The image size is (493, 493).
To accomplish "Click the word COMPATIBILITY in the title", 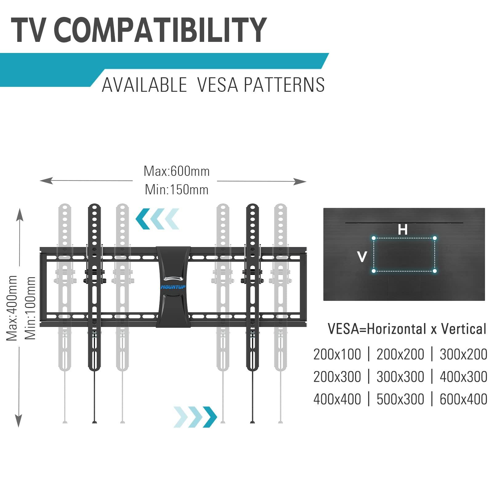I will pyautogui.click(x=160, y=30).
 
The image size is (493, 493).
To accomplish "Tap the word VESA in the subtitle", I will pyautogui.click(x=217, y=85).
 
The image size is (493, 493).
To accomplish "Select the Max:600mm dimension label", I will pyautogui.click(x=176, y=171).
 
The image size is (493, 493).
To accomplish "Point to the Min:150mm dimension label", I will pyautogui.click(x=176, y=189).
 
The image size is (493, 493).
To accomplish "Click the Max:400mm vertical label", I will pyautogui.click(x=12, y=308).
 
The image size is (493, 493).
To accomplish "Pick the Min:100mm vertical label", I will pyautogui.click(x=30, y=308).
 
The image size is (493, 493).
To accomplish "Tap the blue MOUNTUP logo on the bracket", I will pyautogui.click(x=173, y=287).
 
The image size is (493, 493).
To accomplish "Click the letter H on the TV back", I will pyautogui.click(x=402, y=230).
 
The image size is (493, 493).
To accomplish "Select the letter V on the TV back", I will pyautogui.click(x=362, y=257).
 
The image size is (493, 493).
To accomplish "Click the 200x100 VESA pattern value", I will pyautogui.click(x=337, y=354).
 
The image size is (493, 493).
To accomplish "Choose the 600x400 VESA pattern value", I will pyautogui.click(x=463, y=399).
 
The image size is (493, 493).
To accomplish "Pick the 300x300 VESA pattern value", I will pyautogui.click(x=400, y=377).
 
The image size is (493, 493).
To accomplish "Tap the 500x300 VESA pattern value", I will pyautogui.click(x=400, y=399).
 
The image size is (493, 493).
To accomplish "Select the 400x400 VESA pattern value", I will pyautogui.click(x=337, y=399).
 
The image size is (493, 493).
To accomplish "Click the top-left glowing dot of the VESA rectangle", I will pyautogui.click(x=374, y=238).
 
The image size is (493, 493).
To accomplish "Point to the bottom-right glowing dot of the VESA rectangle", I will pyautogui.click(x=434, y=271).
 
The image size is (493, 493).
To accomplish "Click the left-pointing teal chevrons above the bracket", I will pyautogui.click(x=157, y=219).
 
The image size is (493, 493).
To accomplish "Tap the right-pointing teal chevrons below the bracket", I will pyautogui.click(x=195, y=417).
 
